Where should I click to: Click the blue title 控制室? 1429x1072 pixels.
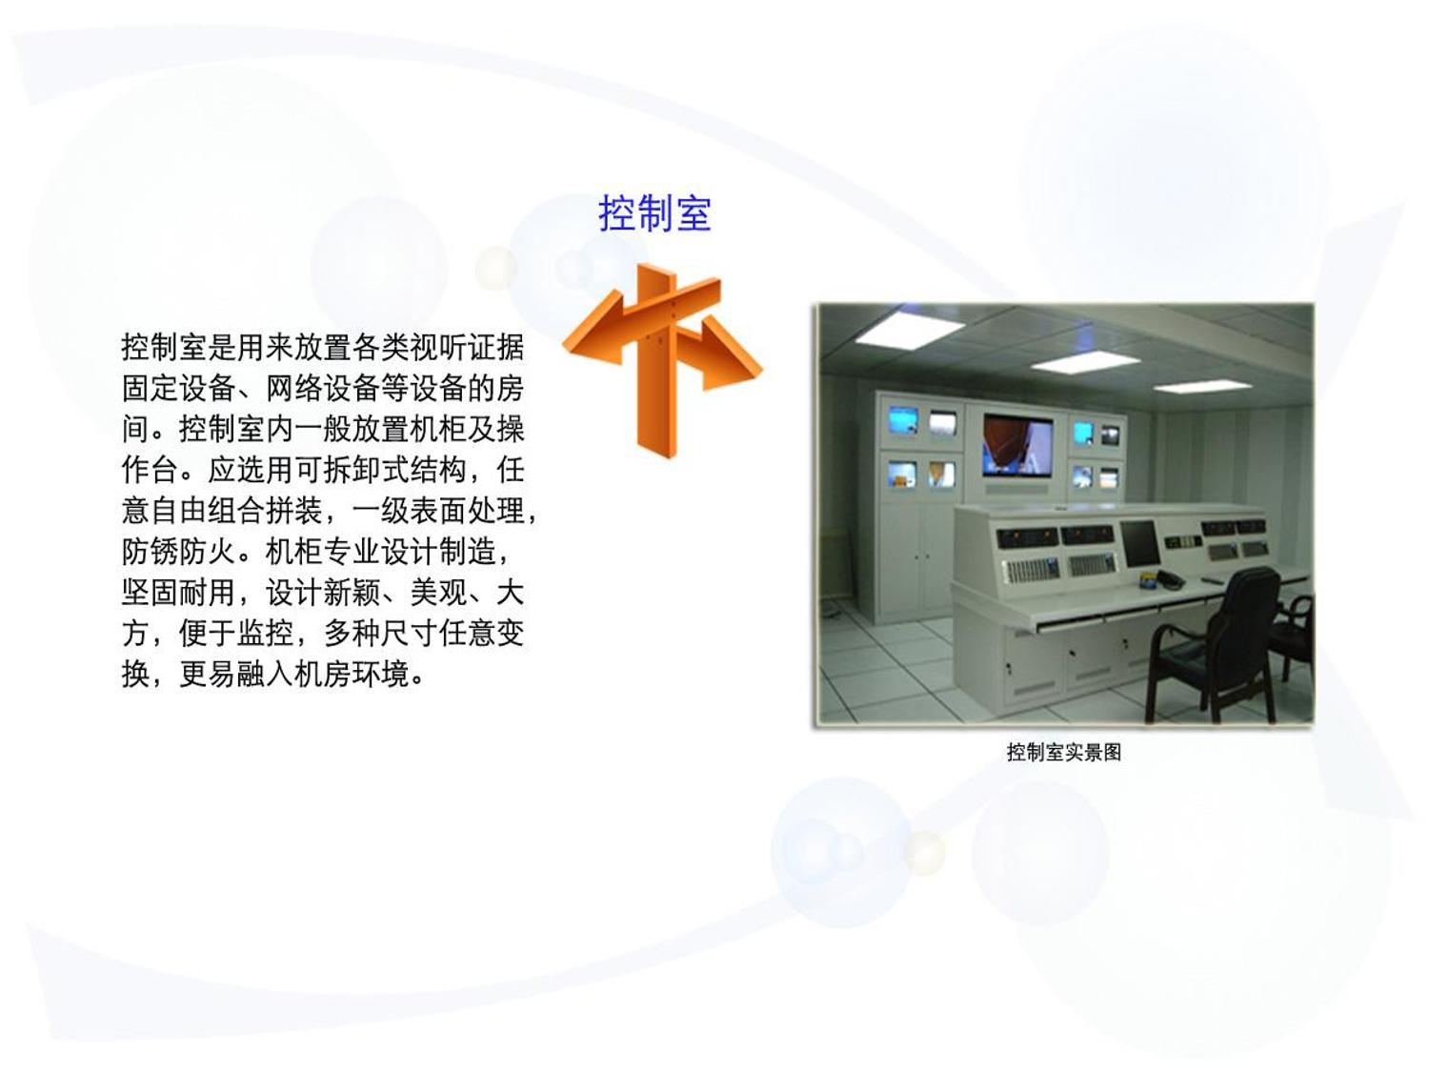coord(654,212)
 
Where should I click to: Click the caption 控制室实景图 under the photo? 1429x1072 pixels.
coord(1064,753)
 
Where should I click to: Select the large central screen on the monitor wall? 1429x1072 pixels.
coord(1017,445)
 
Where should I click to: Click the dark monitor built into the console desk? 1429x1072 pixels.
coord(1139,543)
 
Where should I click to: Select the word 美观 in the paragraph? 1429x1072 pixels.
coord(438,593)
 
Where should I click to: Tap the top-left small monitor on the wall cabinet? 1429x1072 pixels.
coord(904,421)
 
